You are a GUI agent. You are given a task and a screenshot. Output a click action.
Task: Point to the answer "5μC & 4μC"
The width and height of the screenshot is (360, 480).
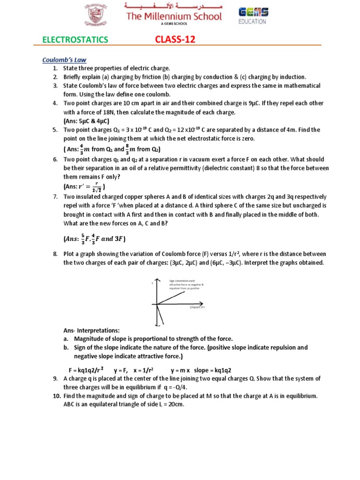click(x=86, y=120)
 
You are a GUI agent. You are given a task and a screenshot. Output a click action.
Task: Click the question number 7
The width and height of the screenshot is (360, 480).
click(x=55, y=196)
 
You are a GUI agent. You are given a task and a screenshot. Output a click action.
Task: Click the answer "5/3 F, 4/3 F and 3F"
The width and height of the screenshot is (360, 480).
click(x=94, y=239)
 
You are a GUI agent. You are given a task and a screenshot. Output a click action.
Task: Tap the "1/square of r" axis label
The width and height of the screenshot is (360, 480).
click(x=197, y=307)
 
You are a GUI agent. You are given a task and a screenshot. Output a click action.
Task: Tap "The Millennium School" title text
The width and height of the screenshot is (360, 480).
click(x=174, y=17)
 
